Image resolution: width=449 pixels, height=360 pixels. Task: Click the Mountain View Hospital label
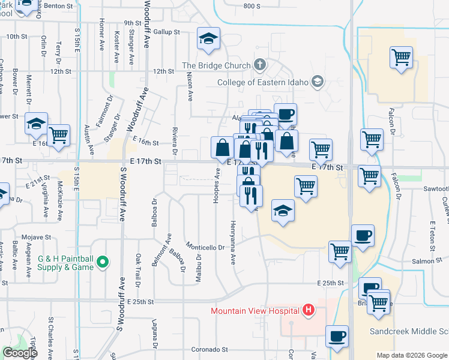pos(255,311)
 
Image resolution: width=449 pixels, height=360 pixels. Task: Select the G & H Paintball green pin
pos(102,262)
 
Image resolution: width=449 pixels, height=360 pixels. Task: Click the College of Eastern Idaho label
pos(263,82)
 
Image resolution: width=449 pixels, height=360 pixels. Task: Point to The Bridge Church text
pos(217,65)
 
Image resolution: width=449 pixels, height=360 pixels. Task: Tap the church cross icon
pos(260,64)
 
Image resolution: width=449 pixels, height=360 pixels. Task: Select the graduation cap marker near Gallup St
pos(208,40)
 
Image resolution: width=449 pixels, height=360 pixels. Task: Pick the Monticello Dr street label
pos(205,247)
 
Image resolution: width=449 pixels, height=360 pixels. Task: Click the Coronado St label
pos(209,349)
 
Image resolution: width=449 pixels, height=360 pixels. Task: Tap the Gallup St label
pos(167,31)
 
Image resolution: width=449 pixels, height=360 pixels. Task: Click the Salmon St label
pos(427,261)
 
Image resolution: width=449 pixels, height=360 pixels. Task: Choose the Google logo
pos(20,353)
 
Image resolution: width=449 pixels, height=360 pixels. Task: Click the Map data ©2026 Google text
pos(411,355)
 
